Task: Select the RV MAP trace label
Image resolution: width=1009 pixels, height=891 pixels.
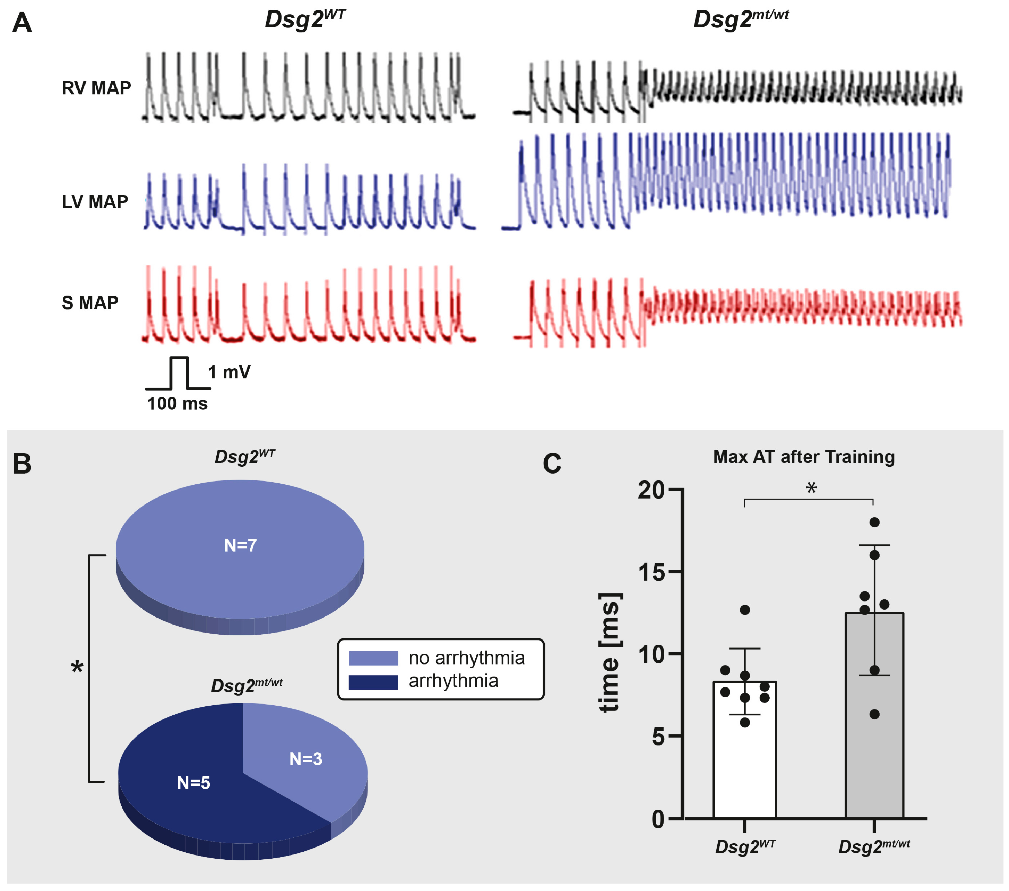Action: [96, 88]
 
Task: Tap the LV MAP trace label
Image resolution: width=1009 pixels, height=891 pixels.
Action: [95, 201]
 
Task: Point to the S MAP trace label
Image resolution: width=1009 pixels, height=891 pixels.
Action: [90, 302]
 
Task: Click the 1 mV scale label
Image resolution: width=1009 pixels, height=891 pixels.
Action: [229, 372]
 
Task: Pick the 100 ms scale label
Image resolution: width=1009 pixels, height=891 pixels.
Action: [177, 404]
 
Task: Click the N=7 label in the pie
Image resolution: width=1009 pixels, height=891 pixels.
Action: [240, 545]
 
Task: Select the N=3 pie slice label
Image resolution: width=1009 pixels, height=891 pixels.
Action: [306, 759]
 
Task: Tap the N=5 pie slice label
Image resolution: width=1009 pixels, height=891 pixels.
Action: [194, 782]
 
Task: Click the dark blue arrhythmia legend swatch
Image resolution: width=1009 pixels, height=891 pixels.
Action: [373, 682]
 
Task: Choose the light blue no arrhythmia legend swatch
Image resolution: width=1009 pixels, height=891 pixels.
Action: [373, 658]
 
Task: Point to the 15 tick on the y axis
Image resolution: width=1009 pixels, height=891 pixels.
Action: [651, 572]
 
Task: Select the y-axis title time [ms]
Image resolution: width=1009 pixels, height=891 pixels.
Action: [611, 652]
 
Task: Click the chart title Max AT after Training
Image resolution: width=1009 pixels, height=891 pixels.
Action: [804, 457]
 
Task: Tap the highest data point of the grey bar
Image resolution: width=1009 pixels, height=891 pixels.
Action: [874, 523]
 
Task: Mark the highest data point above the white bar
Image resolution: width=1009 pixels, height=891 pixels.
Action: [745, 610]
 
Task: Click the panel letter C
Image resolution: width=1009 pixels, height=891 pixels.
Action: [552, 464]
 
